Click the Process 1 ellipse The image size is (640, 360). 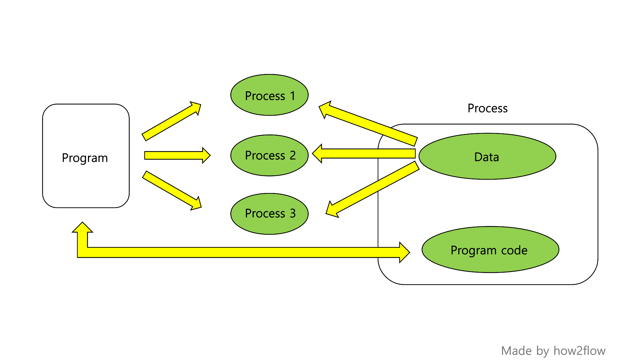[269, 95]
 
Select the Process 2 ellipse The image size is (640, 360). [269, 155]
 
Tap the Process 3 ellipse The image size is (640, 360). [269, 214]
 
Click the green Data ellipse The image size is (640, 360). [487, 156]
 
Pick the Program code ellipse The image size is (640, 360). [490, 250]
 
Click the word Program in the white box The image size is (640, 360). [85, 158]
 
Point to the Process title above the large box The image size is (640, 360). [487, 108]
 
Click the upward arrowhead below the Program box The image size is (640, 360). [82, 228]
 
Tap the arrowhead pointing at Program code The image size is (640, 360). [404, 252]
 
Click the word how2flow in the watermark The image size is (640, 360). [579, 351]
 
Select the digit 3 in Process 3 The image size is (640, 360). [293, 213]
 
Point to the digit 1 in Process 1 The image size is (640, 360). [293, 96]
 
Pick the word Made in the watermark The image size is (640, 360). [516, 351]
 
